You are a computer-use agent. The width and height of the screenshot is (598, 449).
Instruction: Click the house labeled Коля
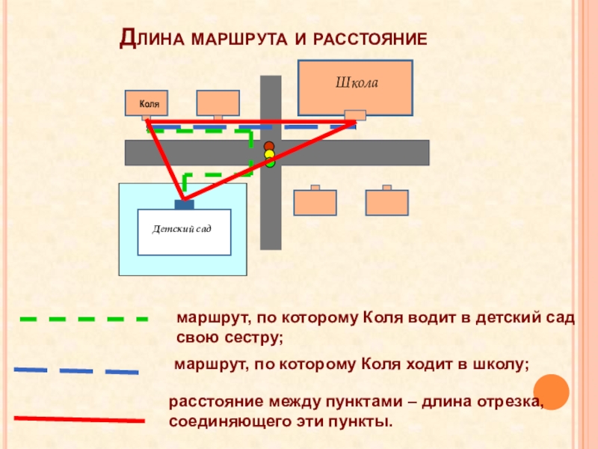tap(147, 103)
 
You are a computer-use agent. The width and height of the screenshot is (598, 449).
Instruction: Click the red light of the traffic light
tap(269, 147)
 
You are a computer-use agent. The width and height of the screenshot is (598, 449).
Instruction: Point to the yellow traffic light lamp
tap(269, 155)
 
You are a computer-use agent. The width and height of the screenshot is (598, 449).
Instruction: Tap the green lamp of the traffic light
tap(270, 162)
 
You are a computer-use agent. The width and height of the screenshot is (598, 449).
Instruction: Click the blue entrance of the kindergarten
tap(184, 204)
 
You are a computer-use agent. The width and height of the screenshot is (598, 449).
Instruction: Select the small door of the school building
tap(355, 114)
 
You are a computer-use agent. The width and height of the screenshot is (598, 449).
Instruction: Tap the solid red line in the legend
tap(78, 420)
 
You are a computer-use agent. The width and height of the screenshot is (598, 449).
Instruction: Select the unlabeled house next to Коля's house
tap(218, 103)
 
